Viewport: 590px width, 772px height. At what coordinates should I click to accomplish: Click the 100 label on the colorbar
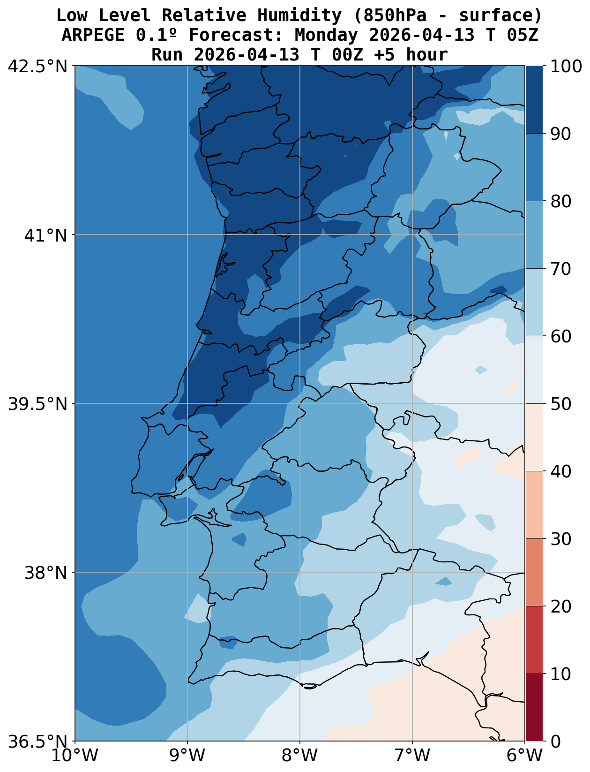tap(566, 67)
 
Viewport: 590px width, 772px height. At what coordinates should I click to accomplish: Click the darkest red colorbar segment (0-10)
tap(534, 707)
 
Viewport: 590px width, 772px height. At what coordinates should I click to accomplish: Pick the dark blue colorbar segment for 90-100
tap(534, 100)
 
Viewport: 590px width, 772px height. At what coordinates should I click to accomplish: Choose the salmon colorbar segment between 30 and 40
tap(534, 505)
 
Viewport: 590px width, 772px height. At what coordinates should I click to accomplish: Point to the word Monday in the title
tap(326, 35)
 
